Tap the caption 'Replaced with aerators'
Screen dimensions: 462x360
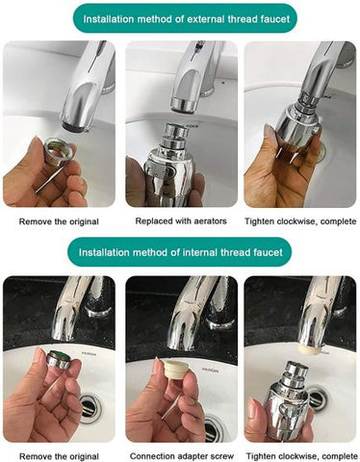pos(180,221)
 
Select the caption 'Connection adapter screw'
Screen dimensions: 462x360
pos(180,455)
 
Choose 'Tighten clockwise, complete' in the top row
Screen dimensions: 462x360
pos(300,221)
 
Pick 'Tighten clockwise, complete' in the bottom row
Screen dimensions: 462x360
pos(300,455)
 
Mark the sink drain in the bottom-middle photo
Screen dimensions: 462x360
pos(208,408)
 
